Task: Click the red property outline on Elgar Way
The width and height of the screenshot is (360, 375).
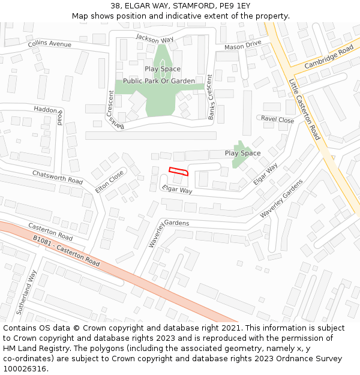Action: (178, 171)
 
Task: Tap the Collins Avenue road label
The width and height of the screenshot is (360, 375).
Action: (49, 44)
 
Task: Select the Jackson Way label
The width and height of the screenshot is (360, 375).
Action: (154, 38)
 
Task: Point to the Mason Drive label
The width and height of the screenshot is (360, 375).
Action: (243, 46)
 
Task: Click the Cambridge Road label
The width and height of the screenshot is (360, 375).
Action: (329, 55)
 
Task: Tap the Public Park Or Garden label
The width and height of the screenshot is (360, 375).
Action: (159, 81)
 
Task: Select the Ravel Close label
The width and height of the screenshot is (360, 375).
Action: (277, 119)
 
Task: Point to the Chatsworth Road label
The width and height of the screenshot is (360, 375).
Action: (57, 177)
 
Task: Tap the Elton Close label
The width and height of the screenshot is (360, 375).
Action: (109, 181)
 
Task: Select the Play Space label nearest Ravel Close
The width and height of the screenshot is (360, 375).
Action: (242, 153)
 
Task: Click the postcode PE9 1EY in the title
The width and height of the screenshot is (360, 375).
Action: (235, 6)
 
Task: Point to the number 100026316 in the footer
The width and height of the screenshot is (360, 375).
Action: (25, 369)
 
